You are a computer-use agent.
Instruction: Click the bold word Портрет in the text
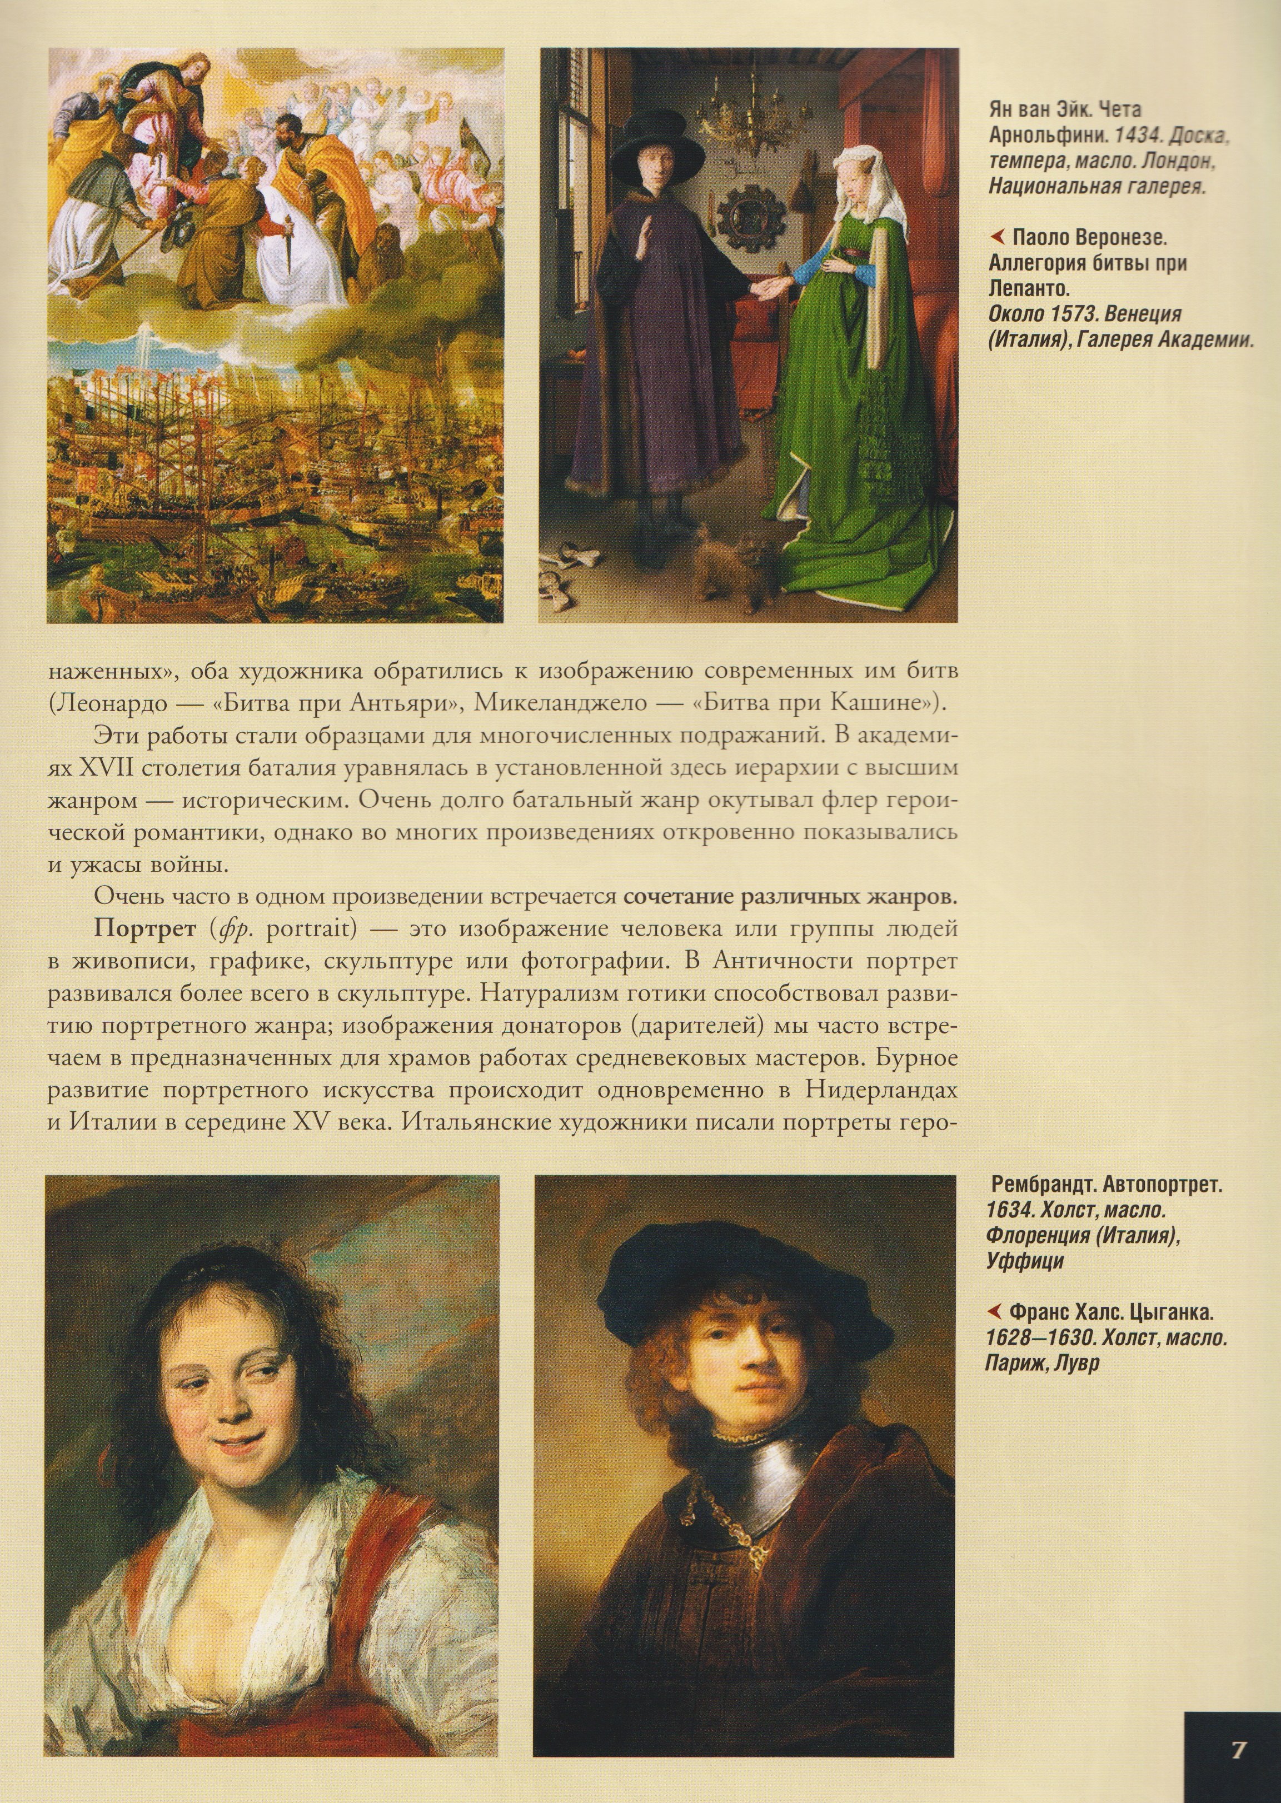coord(145,929)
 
